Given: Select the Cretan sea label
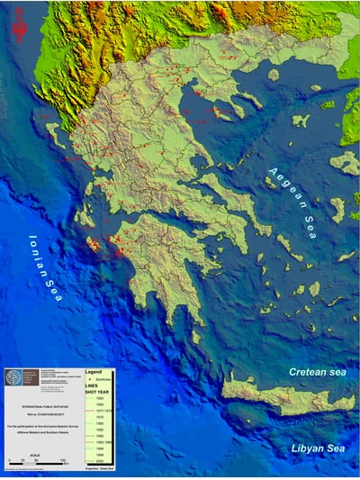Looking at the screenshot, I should [x=318, y=372].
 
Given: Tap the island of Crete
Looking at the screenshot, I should [x=270, y=397].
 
